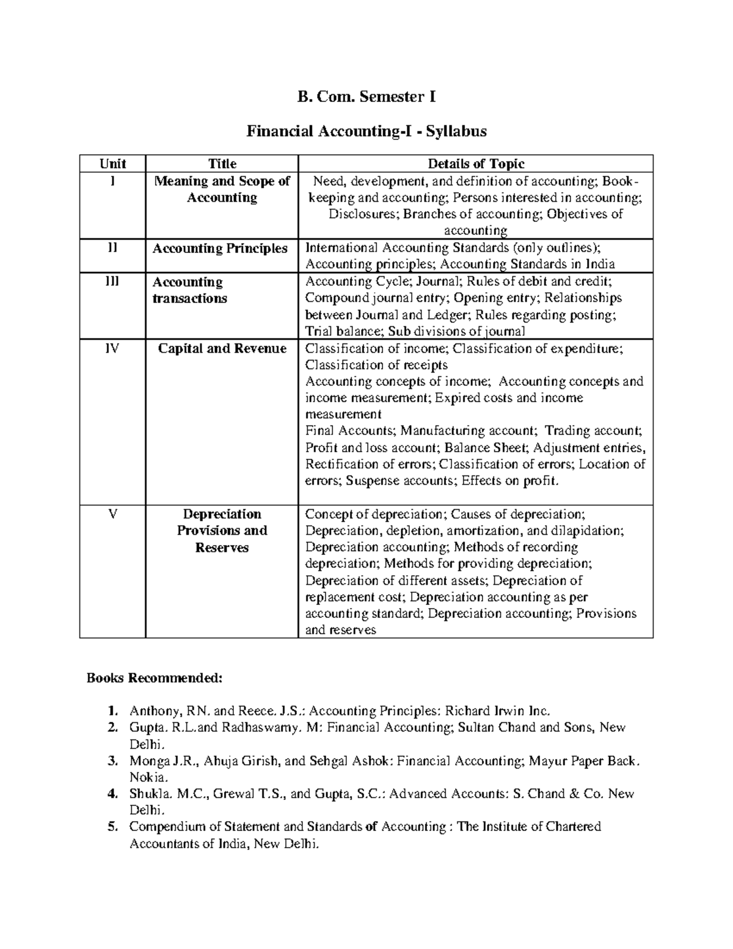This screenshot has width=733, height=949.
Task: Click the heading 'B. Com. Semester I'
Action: [366, 97]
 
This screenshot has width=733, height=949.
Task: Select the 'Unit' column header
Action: [112, 164]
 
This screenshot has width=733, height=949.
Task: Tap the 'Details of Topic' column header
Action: [475, 164]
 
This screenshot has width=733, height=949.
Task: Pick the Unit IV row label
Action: [112, 348]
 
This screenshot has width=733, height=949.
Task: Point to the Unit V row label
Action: [112, 514]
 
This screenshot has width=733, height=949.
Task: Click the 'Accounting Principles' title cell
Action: [220, 248]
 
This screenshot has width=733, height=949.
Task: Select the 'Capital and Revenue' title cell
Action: [222, 348]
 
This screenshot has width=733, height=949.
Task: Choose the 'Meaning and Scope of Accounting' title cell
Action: [222, 189]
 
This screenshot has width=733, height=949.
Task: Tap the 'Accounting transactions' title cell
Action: [189, 290]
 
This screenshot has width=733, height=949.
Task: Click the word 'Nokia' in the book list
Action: [147, 777]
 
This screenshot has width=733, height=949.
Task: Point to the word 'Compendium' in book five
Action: [164, 827]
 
